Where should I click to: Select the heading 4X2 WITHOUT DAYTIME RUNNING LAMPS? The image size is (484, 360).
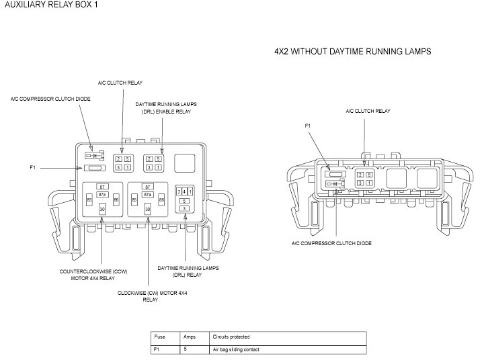[x=352, y=51]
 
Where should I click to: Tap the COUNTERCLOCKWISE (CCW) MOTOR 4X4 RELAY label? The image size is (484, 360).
[x=93, y=275]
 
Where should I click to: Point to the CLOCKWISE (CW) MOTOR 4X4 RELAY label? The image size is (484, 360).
[x=150, y=297]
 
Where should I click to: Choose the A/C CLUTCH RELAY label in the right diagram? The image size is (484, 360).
[x=368, y=111]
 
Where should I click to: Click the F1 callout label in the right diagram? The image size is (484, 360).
[x=308, y=126]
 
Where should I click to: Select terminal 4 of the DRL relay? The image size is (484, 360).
[x=184, y=192]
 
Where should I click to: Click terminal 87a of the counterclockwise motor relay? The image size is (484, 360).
[x=102, y=194]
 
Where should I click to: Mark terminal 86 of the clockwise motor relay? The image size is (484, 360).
[x=162, y=200]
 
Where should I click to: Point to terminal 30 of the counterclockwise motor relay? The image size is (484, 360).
[x=102, y=210]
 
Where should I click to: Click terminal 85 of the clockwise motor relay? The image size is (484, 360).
[x=134, y=200]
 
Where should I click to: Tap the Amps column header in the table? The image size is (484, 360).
[x=189, y=337]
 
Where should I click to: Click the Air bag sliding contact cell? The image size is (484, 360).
[x=235, y=350]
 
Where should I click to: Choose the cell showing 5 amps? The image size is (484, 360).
[x=185, y=350]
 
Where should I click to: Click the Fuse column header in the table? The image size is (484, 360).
[x=160, y=337]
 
